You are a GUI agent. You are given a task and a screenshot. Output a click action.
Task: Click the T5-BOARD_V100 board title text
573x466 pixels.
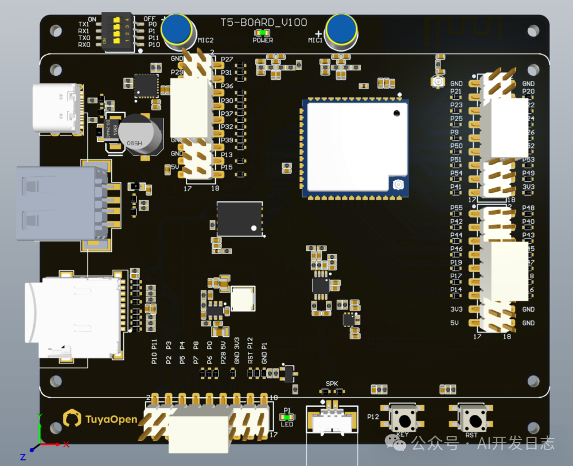click(x=264, y=22)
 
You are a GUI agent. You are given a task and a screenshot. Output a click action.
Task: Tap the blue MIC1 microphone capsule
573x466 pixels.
click(x=341, y=29)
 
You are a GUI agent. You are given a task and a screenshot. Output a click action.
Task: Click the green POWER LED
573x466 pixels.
click(x=262, y=33)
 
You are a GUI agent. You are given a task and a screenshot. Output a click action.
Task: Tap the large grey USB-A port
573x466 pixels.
click(x=57, y=203)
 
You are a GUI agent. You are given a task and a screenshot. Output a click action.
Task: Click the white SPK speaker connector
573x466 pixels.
click(x=332, y=421)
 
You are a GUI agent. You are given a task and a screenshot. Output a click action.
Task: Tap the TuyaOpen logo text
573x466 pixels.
click(x=111, y=419)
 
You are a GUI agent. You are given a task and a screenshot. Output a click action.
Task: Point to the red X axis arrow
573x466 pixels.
click(x=57, y=444)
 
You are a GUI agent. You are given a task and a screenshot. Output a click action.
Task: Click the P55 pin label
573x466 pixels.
click(x=456, y=208)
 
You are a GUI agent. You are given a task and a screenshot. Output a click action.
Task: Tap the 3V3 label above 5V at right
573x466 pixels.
click(x=457, y=309)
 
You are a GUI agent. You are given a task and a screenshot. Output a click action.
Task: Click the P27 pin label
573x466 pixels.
click(x=227, y=60)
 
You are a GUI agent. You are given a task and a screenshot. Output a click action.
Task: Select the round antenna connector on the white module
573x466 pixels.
click(x=397, y=185)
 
